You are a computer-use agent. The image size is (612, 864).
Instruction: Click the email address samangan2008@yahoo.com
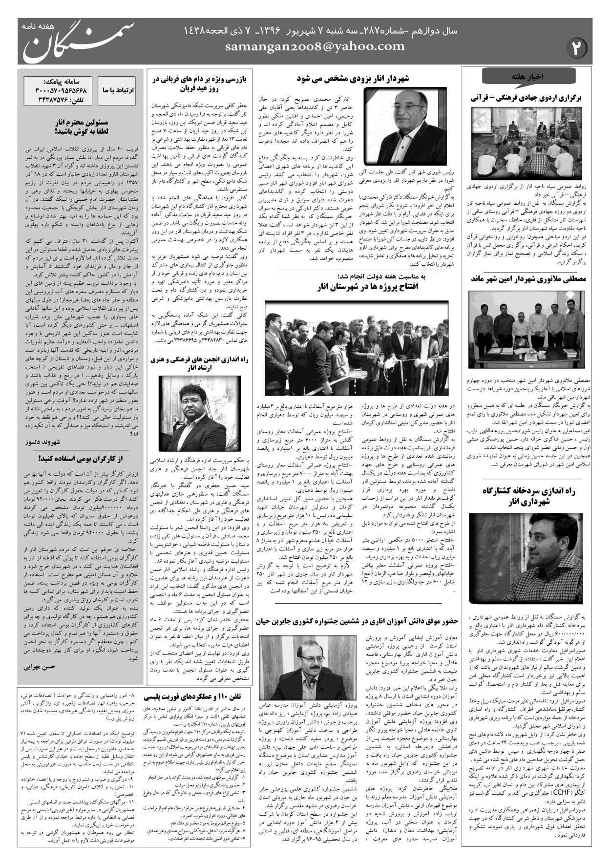tap(315, 46)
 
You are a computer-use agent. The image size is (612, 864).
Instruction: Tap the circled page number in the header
tap(577, 48)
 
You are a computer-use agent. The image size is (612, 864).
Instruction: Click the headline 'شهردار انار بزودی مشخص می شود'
tap(353, 78)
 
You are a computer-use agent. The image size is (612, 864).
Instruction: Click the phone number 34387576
tap(63, 100)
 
